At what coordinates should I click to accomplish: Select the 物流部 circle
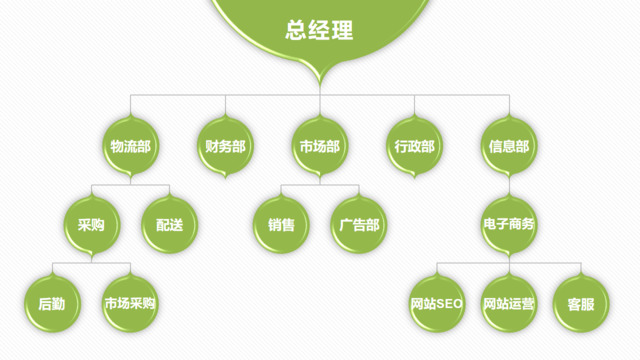pos(131,146)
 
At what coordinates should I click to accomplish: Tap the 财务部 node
pos(225,146)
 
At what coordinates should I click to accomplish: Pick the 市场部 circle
pos(320,146)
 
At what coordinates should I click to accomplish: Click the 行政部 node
pos(414,146)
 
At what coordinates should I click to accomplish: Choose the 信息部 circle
pos(509,146)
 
